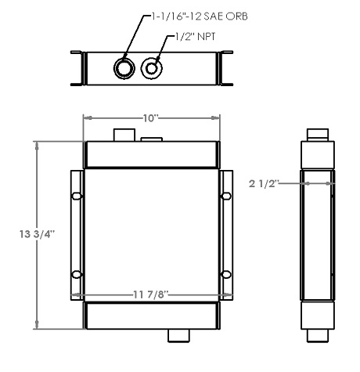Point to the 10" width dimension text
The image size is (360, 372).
tap(150, 117)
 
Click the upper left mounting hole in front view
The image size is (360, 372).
tap(77, 196)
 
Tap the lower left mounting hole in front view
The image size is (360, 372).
tap(77, 273)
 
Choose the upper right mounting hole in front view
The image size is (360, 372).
tap(225, 196)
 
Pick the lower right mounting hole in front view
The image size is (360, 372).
tap(225, 273)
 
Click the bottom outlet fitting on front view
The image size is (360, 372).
tap(178, 335)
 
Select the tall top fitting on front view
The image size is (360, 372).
tap(124, 135)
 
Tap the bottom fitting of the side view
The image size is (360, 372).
tap(318, 336)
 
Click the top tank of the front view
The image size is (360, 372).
tap(151, 154)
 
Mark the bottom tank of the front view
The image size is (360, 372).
tap(151, 315)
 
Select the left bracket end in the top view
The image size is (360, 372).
tap(77, 68)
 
